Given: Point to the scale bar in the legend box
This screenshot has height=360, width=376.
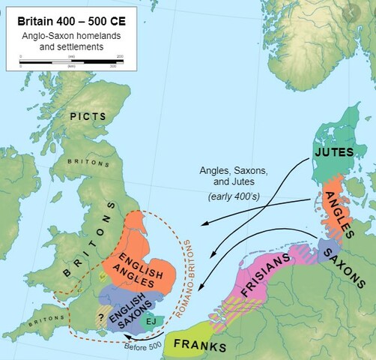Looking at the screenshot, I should pyautogui.click(x=72, y=61).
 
